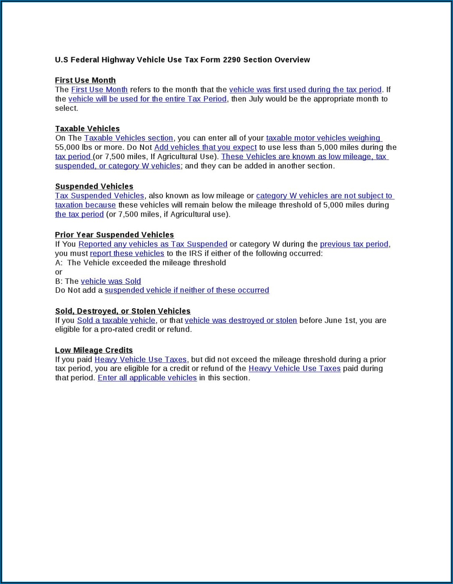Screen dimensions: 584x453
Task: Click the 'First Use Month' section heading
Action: point(85,80)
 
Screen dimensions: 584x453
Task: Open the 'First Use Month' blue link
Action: point(99,90)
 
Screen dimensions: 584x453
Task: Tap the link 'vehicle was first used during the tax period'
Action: point(305,90)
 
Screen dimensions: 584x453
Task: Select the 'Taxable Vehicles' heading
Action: point(87,129)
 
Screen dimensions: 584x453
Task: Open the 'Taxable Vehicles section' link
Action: point(128,138)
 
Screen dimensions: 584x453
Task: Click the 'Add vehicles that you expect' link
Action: point(205,147)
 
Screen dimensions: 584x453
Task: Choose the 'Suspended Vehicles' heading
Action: point(94,186)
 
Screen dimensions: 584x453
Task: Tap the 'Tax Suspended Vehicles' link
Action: point(99,195)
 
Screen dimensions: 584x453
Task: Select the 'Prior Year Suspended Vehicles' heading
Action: point(115,235)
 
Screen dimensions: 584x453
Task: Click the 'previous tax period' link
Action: point(354,244)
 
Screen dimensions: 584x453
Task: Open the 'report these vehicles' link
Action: point(127,253)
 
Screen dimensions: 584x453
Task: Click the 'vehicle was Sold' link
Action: point(111,281)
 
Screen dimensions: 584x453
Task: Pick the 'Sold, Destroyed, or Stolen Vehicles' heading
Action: point(123,311)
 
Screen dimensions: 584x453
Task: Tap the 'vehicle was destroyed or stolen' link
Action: point(241,320)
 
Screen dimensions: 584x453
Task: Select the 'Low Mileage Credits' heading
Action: point(94,350)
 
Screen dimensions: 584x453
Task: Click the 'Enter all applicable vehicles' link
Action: point(147,378)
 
